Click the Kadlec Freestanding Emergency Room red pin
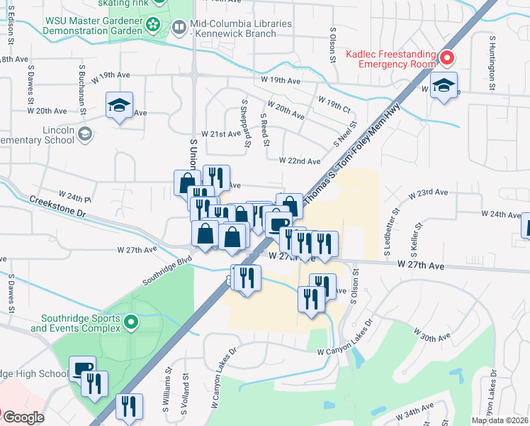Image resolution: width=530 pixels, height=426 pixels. pos(446,58)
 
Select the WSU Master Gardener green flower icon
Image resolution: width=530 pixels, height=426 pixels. pos(152,26)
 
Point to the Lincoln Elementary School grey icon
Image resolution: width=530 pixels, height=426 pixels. pos(85,133)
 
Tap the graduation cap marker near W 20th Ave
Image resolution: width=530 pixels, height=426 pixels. pos(119,106)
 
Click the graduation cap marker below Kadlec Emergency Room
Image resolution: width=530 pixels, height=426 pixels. pos(444,86)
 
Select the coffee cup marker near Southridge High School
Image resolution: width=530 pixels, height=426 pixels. pos(83,369)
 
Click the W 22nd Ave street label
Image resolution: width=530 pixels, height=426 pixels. pos(300,161)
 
